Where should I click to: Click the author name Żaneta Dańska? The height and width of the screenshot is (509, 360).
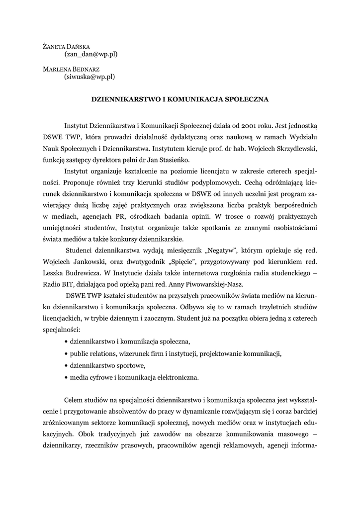click(x=66, y=46)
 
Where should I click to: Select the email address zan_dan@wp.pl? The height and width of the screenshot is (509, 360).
click(x=91, y=54)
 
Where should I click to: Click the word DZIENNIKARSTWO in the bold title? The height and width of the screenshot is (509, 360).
click(x=122, y=99)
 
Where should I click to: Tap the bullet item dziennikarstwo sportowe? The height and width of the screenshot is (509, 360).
click(x=107, y=365)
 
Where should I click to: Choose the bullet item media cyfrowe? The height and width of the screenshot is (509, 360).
click(x=134, y=377)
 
